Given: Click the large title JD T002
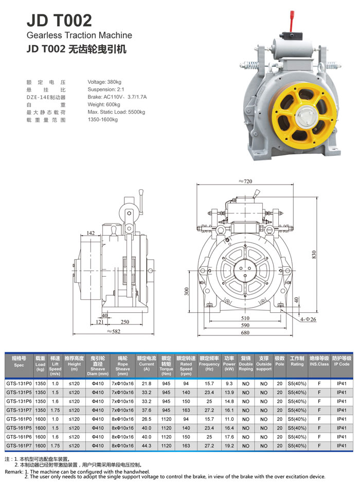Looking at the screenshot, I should click(x=59, y=20).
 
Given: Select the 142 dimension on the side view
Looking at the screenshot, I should click(x=90, y=234).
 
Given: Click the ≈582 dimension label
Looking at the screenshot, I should click(x=114, y=331).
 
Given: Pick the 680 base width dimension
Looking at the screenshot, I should click(x=245, y=333).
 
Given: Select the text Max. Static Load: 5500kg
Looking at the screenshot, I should click(x=116, y=112).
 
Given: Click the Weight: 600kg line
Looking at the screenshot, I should click(x=104, y=104).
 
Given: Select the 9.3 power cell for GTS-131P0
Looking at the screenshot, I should click(x=229, y=383).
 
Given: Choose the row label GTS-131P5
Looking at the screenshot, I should click(x=19, y=392).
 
